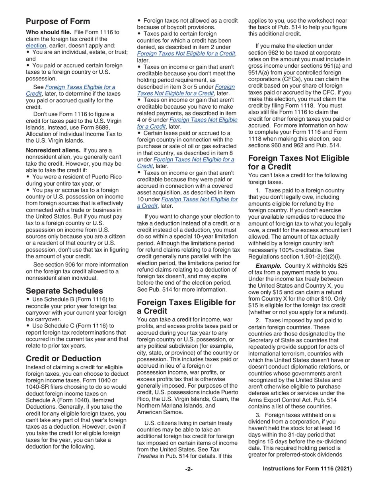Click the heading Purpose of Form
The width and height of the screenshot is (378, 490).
[x=58, y=22]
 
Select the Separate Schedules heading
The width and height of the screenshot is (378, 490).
[x=64, y=291]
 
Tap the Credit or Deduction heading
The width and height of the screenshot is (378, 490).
[x=64, y=359]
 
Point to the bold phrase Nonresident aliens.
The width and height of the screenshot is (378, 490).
[x=53, y=151]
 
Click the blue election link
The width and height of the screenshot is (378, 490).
[x=36, y=45]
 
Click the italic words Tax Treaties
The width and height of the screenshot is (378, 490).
[x=179, y=453]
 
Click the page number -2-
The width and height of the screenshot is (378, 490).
[x=189, y=469]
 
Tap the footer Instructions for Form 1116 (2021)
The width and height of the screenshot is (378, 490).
[x=307, y=469]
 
